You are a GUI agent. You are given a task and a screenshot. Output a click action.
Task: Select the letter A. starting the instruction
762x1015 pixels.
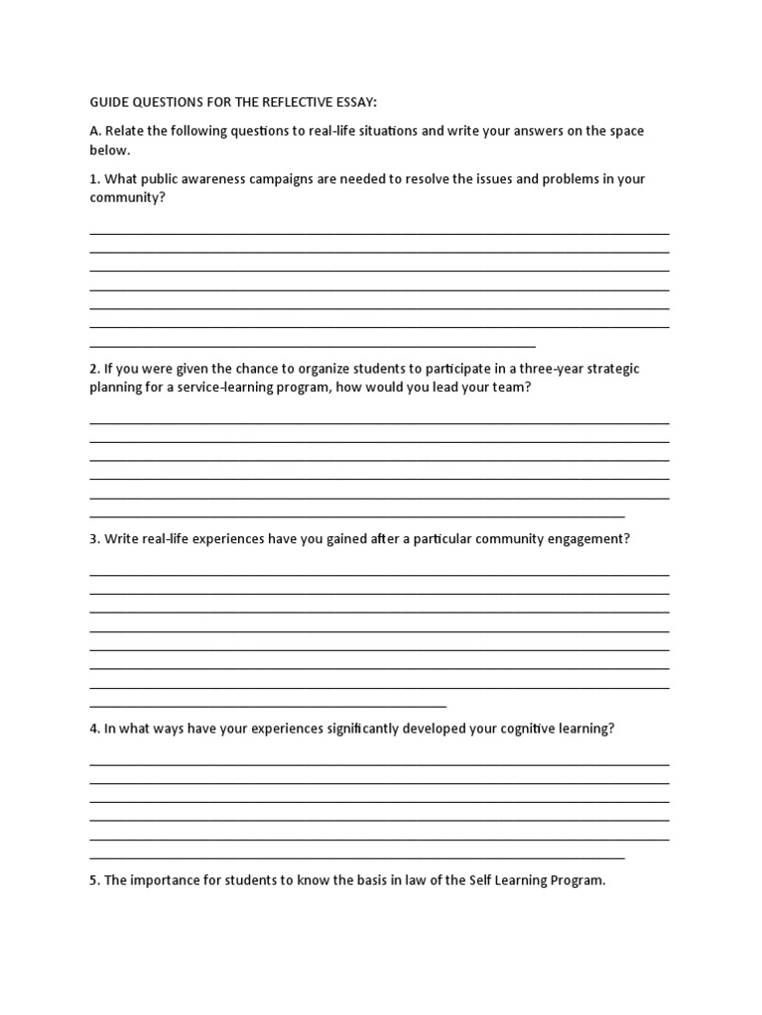coord(95,131)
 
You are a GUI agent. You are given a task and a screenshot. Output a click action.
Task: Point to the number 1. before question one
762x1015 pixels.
coord(94,178)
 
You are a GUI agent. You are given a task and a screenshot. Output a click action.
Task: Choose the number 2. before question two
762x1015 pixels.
coord(94,369)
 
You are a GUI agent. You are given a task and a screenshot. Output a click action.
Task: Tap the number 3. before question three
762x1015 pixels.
coord(94,539)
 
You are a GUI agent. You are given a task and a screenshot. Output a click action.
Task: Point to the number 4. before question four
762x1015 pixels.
coord(94,729)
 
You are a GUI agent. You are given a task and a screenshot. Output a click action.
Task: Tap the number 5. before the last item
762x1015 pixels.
coord(94,880)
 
